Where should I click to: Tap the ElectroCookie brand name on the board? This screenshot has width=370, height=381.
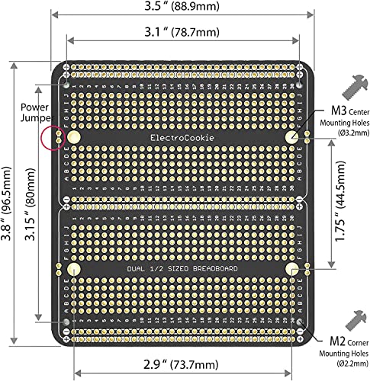[182, 137]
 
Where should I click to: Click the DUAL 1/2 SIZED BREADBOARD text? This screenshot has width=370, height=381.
[182, 271]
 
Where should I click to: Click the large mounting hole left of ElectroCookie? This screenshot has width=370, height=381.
[74, 136]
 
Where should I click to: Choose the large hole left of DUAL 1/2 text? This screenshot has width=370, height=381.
[74, 270]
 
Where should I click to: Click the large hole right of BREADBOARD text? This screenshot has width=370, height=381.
[292, 270]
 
